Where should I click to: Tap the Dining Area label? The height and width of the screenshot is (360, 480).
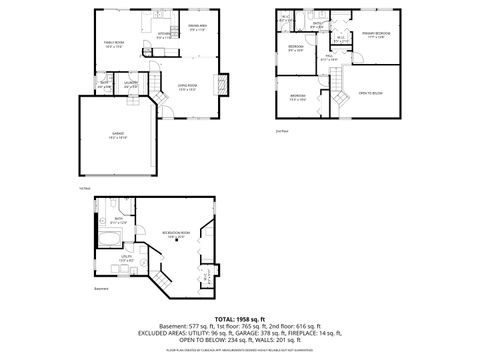(x=197, y=27)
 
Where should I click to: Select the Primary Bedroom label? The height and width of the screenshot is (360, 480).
(x=376, y=34)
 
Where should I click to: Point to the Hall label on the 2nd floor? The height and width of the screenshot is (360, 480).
(x=328, y=58)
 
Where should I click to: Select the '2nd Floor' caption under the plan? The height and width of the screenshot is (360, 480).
(x=282, y=130)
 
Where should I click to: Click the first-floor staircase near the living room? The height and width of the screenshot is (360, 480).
(x=156, y=94)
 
